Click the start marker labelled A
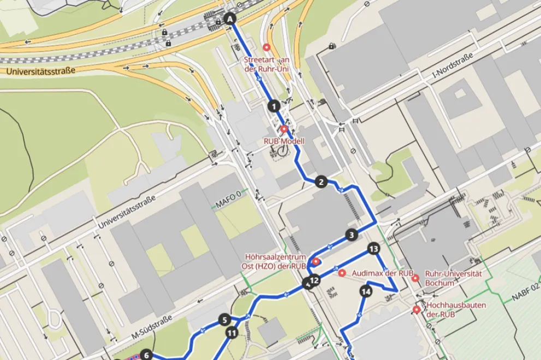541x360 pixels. (x=230, y=19)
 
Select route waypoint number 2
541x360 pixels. (x=321, y=182)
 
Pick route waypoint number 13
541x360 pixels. (x=373, y=249)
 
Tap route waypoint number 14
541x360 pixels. (x=366, y=291)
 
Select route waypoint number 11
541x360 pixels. (x=232, y=332)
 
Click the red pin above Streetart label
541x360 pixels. (x=266, y=47)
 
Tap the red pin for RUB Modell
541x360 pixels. (x=284, y=129)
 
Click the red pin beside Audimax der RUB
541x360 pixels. (x=342, y=272)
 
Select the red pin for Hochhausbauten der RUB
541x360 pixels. (x=417, y=310)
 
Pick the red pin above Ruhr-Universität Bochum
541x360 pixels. (x=415, y=278)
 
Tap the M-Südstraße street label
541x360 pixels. (x=152, y=327)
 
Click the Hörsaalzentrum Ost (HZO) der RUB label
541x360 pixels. (x=274, y=261)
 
